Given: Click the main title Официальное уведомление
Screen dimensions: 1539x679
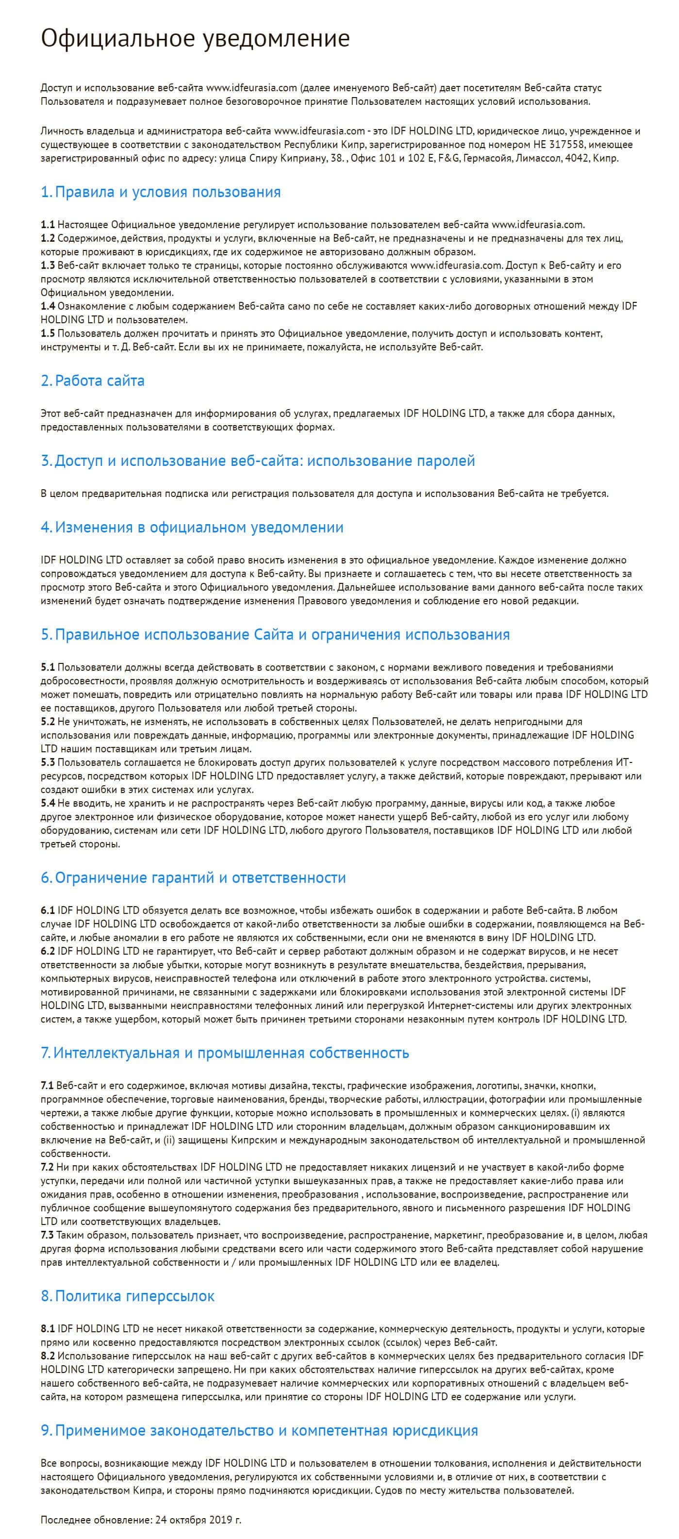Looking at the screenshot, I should (195, 38).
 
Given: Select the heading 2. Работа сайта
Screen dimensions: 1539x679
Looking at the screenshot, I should (93, 381).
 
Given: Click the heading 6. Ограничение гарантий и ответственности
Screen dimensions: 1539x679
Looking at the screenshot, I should (193, 877).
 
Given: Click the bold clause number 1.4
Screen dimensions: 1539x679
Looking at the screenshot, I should (48, 306).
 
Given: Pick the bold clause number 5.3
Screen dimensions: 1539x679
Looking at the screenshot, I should (48, 762).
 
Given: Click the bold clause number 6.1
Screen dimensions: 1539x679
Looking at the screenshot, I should (48, 910).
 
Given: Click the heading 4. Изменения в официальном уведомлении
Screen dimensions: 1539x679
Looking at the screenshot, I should (192, 527).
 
